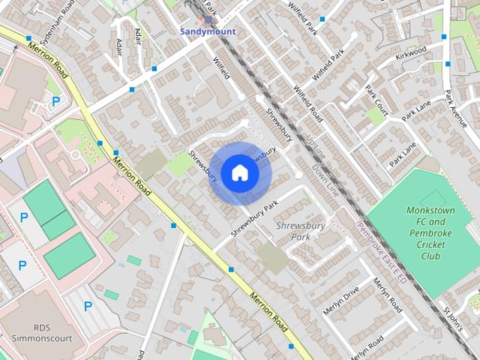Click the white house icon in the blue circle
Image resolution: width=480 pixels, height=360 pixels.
[x=239, y=172]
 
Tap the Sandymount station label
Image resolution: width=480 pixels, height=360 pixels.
[x=207, y=32]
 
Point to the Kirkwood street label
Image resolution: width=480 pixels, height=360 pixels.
[x=412, y=49]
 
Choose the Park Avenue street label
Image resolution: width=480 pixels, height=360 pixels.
[x=455, y=109]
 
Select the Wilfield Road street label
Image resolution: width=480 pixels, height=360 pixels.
[x=307, y=104]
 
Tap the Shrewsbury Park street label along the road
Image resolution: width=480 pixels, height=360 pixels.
[x=255, y=217]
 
